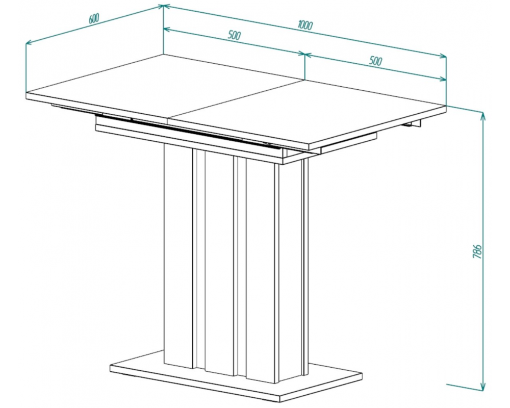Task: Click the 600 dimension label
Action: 94,19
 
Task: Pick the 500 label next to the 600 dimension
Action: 234,35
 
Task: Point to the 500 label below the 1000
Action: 375,61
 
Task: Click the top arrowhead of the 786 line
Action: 483,115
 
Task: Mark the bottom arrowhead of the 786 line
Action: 483,386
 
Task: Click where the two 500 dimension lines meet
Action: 305,54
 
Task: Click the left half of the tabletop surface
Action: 163,87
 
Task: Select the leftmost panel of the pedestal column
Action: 178,256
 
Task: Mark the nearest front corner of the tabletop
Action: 309,146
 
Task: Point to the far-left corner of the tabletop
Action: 26,93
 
